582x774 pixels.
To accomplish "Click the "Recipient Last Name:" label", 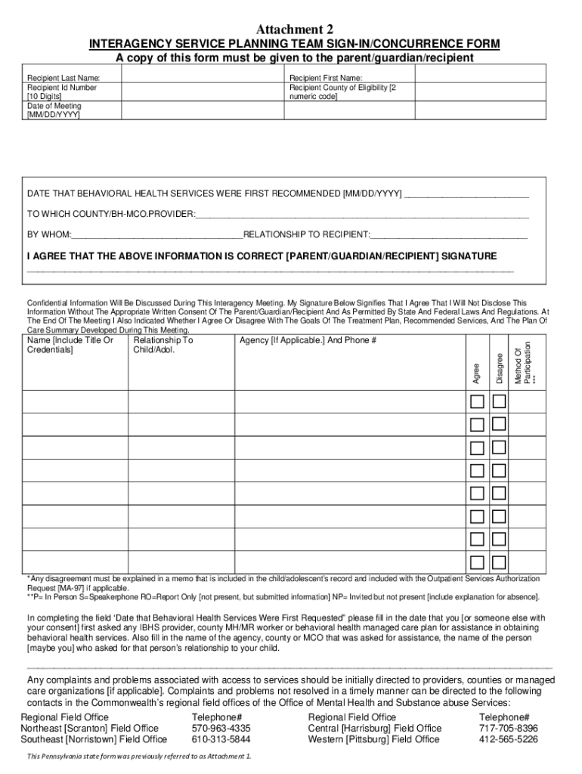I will pos(63,78).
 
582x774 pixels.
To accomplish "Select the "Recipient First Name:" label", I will pos(326,78).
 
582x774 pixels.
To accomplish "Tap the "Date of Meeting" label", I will pos(54,106).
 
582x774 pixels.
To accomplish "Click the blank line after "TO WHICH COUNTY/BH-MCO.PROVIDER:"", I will pos(362,215).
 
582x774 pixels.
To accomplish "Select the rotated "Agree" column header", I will pos(476,373).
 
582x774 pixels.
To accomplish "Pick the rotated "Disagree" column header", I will pos(500,368).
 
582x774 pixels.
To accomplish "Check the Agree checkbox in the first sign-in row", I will pos(476,401).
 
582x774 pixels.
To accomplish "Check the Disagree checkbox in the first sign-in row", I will pos(499,401).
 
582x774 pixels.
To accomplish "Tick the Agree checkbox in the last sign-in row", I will pos(476,562).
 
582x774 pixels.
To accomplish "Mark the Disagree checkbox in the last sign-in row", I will pos(499,562).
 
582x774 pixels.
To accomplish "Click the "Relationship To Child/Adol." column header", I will pos(163,345).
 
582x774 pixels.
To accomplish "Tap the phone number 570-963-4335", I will pos(221,729).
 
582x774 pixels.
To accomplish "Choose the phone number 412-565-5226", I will pos(509,739).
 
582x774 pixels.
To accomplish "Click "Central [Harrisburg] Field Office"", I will pos(375,729).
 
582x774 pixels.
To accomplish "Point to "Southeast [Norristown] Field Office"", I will pos(94,739).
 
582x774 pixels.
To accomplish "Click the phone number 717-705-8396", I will pos(509,729).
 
